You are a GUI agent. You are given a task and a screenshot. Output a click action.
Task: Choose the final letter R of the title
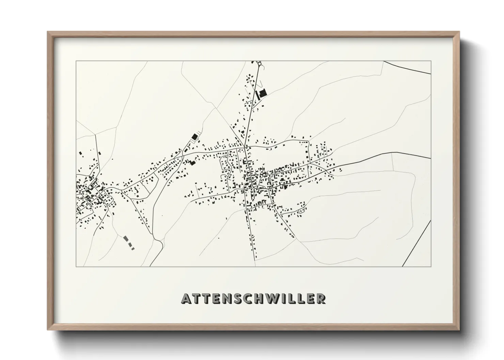(320, 298)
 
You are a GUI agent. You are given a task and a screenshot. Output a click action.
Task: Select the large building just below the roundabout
(262, 93)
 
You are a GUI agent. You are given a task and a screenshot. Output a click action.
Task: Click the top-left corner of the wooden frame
(48, 32)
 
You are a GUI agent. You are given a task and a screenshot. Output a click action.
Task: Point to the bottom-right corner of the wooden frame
(459, 330)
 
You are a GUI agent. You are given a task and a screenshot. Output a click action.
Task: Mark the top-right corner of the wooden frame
(459, 32)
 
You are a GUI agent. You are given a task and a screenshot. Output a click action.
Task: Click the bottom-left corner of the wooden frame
(48, 330)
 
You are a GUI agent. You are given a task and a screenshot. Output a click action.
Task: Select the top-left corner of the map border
(76, 61)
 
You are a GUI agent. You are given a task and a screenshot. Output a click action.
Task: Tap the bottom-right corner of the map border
(431, 266)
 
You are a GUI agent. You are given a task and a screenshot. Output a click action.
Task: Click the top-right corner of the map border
(431, 61)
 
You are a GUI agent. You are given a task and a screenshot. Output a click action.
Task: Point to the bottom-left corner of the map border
(76, 266)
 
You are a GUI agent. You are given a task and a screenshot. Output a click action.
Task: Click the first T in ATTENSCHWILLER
(198, 298)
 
